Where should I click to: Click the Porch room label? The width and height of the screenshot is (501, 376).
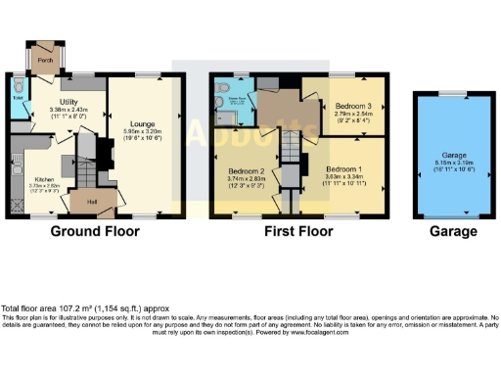(x=43, y=60)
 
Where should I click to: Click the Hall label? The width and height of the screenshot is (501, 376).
(x=92, y=203)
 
